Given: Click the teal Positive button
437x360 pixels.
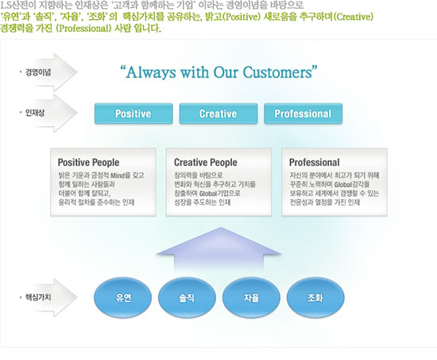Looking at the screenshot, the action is (133, 114).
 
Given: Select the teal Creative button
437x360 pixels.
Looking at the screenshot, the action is (218, 114).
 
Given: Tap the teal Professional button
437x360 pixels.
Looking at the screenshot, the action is (303, 114).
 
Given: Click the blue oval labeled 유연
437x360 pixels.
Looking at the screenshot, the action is (123, 297).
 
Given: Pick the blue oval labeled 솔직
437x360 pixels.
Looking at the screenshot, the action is (187, 297).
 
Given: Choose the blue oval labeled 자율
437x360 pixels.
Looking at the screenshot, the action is (251, 297).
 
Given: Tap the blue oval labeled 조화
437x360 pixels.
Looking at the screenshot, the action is (315, 297).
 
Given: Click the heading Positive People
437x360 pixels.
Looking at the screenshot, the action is (89, 162).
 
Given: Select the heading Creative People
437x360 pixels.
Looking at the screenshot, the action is (206, 162).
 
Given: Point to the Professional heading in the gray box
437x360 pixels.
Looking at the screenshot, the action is (315, 162).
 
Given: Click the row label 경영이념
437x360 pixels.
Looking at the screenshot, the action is (38, 72).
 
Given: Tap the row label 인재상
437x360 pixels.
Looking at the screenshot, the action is (35, 113).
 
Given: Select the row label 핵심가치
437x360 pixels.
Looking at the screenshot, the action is (38, 297).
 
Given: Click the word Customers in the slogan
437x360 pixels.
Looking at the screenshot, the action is (277, 72).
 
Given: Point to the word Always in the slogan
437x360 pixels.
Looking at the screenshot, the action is (151, 73).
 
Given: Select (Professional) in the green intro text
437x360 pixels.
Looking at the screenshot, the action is (84, 29).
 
